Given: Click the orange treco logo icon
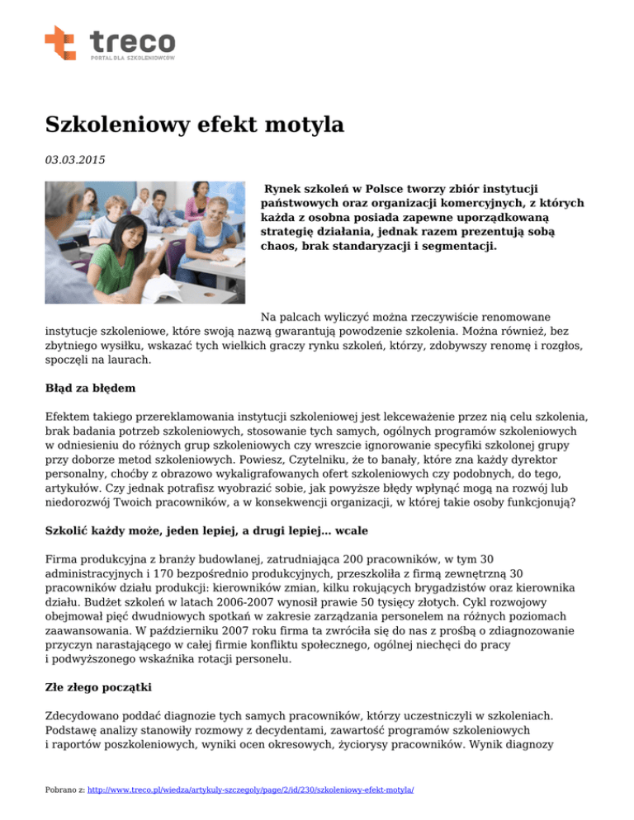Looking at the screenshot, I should click(x=59, y=43).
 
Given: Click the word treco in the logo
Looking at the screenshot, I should click(x=132, y=40).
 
